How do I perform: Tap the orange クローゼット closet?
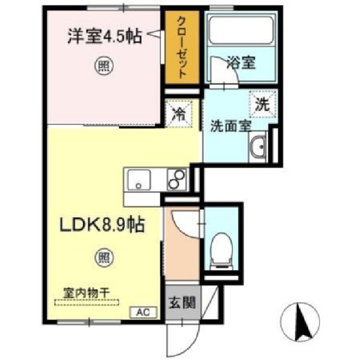[182, 48]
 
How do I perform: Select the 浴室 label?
[241, 62]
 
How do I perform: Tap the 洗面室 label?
[230, 125]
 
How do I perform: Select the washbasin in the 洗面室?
[259, 147]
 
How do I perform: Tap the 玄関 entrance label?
[181, 304]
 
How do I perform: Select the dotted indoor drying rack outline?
[87, 302]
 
